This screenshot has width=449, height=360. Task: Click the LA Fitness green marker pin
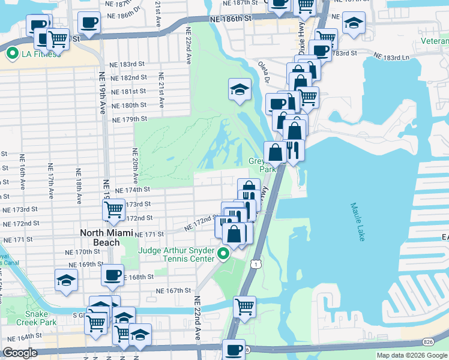click(x=11, y=53)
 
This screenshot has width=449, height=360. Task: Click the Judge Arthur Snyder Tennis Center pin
click(x=223, y=254)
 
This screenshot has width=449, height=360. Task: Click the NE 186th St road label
click(x=231, y=20)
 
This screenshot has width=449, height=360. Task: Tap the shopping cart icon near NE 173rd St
click(x=113, y=209)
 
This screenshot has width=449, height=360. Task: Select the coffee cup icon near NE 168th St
click(x=112, y=275)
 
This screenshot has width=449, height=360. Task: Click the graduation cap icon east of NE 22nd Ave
click(x=240, y=89)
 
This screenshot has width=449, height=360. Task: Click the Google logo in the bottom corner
click(x=20, y=353)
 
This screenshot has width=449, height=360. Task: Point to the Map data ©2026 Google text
click(x=412, y=355)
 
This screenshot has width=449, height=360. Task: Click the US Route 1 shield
click(x=258, y=264)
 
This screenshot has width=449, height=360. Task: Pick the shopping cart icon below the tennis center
click(x=244, y=307)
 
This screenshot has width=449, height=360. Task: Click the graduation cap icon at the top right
click(x=354, y=23)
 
